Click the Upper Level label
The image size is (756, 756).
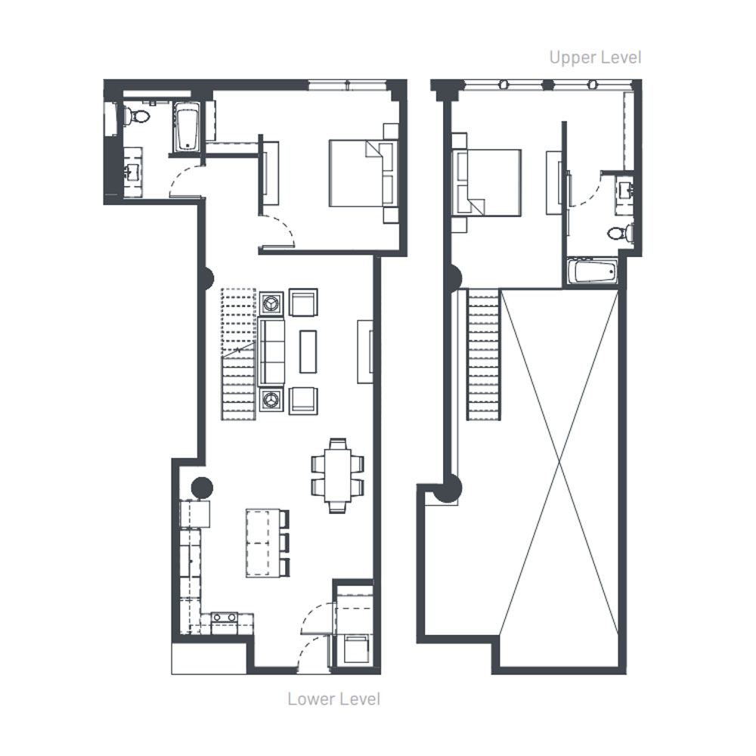click(x=595, y=58)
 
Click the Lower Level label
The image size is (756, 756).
click(x=333, y=699)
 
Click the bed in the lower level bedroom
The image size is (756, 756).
click(x=363, y=174)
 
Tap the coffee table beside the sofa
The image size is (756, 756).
click(x=308, y=352)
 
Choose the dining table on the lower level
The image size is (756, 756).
click(x=337, y=476)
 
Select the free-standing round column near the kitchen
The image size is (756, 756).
click(x=202, y=488)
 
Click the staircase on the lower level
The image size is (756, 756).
click(x=238, y=355)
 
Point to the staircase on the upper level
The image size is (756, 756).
click(x=483, y=355)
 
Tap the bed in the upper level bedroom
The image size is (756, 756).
click(x=486, y=183)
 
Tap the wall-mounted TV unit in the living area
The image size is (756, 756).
click(x=365, y=352)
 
